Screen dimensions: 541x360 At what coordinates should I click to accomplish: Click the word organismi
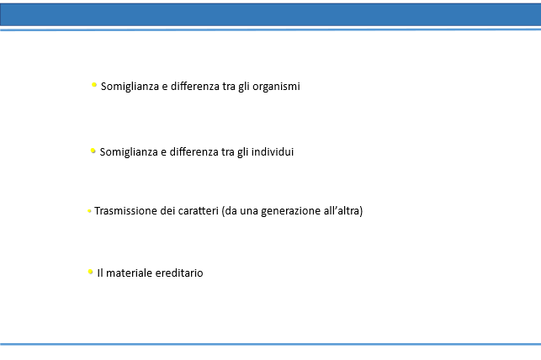276,87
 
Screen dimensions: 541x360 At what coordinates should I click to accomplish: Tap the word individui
273,151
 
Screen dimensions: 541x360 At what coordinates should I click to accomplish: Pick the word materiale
129,273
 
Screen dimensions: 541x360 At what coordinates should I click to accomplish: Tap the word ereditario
179,273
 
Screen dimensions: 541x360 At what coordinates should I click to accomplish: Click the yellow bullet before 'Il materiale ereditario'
90,272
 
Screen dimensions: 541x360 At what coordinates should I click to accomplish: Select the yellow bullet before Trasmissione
89,210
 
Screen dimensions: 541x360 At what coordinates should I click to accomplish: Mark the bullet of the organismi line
94,85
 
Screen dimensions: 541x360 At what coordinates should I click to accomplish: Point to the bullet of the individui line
93,151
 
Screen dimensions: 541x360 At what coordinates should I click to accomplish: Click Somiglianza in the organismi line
130,87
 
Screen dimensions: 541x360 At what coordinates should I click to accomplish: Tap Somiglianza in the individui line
129,152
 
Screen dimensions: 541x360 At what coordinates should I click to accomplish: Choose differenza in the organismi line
195,86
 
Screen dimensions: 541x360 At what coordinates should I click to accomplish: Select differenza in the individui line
194,151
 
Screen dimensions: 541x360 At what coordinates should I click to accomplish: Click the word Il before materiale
100,273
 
